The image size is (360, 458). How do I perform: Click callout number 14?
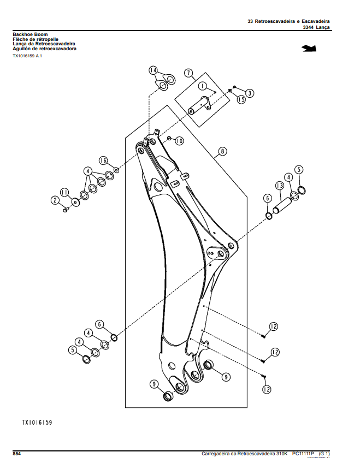coord(153,70)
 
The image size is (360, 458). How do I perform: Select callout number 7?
coord(188,73)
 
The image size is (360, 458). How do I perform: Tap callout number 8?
coord(223,151)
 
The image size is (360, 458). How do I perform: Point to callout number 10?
coord(179,141)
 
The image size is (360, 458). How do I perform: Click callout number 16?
coord(103,160)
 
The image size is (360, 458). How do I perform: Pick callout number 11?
coord(64,192)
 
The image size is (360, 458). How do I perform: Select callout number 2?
coord(55,200)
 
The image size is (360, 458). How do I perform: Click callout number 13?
coord(280,186)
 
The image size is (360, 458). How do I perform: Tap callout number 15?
coord(241,100)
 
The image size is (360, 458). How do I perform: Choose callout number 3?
coord(250,93)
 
